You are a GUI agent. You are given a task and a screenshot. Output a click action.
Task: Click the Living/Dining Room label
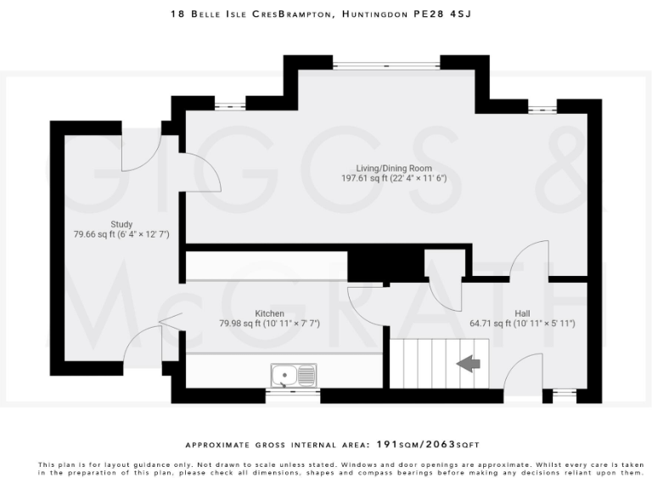[393, 168]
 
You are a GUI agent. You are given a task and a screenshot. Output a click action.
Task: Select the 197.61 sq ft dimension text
[393, 178]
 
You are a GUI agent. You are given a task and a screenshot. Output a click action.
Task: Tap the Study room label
[121, 224]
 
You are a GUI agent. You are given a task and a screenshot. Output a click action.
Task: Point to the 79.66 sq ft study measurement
[121, 234]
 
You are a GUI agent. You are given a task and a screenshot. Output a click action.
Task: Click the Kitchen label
[269, 313]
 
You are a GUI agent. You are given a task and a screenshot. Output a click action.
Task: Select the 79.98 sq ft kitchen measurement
[269, 323]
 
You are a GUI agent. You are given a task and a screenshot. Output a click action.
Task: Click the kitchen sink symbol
[293, 374]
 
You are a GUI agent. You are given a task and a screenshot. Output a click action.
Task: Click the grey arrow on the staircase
[468, 363]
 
